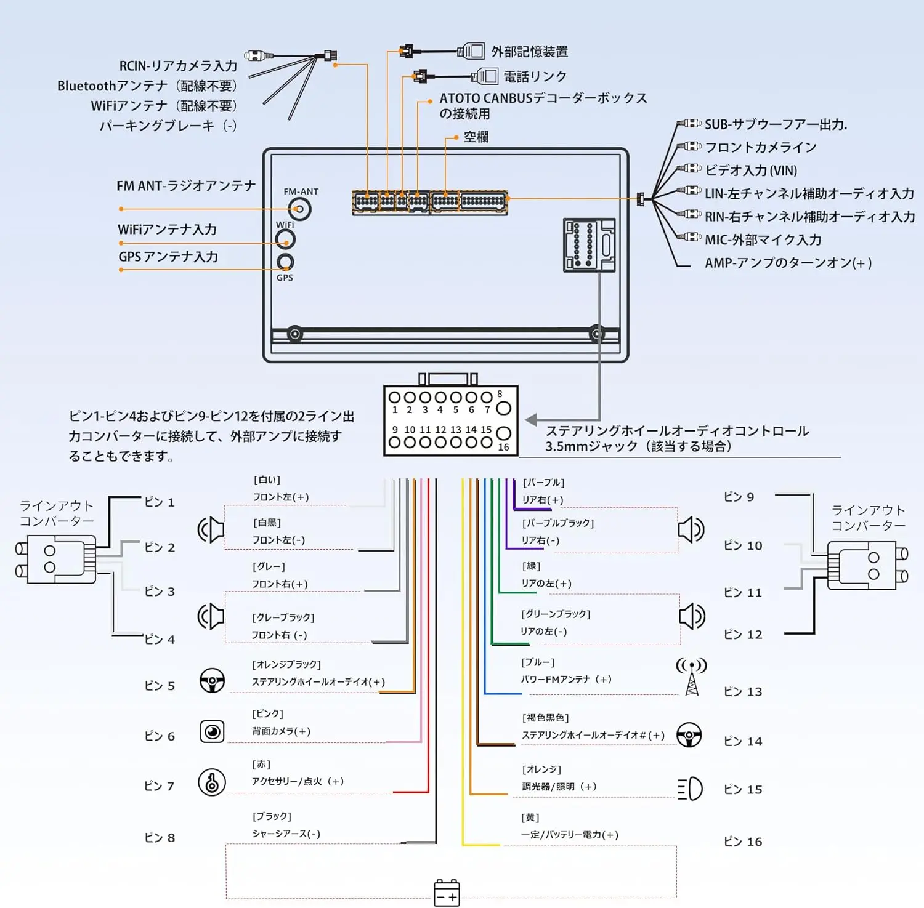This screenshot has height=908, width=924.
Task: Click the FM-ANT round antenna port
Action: (299, 209)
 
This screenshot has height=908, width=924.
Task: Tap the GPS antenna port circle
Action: (285, 262)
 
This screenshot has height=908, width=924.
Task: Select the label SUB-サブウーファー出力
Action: (776, 124)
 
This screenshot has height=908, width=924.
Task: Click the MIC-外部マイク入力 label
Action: (763, 239)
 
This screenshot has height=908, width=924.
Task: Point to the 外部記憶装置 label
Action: (530, 52)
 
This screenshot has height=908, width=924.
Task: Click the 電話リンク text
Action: (535, 76)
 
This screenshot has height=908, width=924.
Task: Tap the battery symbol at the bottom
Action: (447, 893)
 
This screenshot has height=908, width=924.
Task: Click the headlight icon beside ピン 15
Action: (690, 789)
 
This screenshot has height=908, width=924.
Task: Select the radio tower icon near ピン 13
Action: (692, 677)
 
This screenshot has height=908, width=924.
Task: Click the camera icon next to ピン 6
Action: (213, 731)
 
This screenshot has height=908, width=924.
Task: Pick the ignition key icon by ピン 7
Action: (212, 782)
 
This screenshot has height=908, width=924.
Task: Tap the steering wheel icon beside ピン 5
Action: (212, 680)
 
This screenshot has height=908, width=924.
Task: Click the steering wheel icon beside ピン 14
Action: (689, 735)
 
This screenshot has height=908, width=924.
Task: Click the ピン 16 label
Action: (743, 842)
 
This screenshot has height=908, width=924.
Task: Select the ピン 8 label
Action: (160, 837)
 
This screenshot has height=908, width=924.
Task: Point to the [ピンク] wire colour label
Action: (267, 713)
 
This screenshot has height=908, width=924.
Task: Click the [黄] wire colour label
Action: (530, 818)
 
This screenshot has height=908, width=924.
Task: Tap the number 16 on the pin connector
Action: (503, 448)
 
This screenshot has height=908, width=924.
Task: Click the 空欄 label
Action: (476, 137)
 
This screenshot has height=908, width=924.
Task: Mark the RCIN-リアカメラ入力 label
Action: (178, 66)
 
